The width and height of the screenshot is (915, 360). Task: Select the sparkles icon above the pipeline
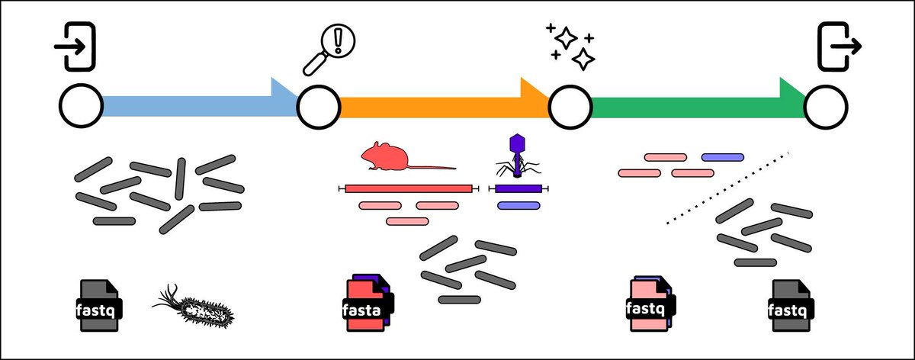[x=571, y=47]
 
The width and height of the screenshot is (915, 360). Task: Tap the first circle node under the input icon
[x=81, y=108]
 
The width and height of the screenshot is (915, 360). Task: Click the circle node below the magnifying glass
[x=319, y=108]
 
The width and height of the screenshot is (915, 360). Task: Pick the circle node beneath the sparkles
[x=570, y=108]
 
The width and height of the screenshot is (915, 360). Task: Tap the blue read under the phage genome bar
[x=519, y=205]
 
